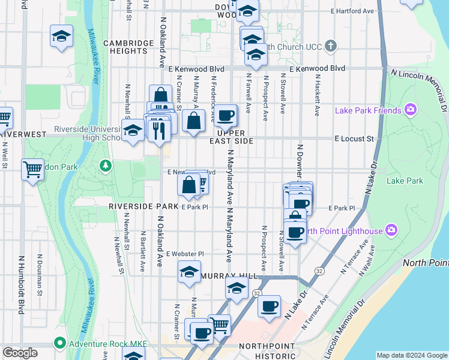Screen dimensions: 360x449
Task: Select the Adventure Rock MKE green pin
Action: tap(59, 344)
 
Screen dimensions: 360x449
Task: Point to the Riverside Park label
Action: tap(143, 206)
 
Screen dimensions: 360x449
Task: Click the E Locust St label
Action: tap(354, 139)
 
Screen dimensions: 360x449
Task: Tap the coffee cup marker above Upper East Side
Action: tap(226, 115)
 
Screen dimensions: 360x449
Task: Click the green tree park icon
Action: tap(106, 164)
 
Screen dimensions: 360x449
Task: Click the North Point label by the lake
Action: tap(426, 263)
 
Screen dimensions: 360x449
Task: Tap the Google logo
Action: tap(20, 353)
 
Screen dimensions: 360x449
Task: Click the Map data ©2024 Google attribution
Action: tap(412, 355)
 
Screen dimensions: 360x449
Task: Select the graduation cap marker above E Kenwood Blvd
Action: tap(256, 56)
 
